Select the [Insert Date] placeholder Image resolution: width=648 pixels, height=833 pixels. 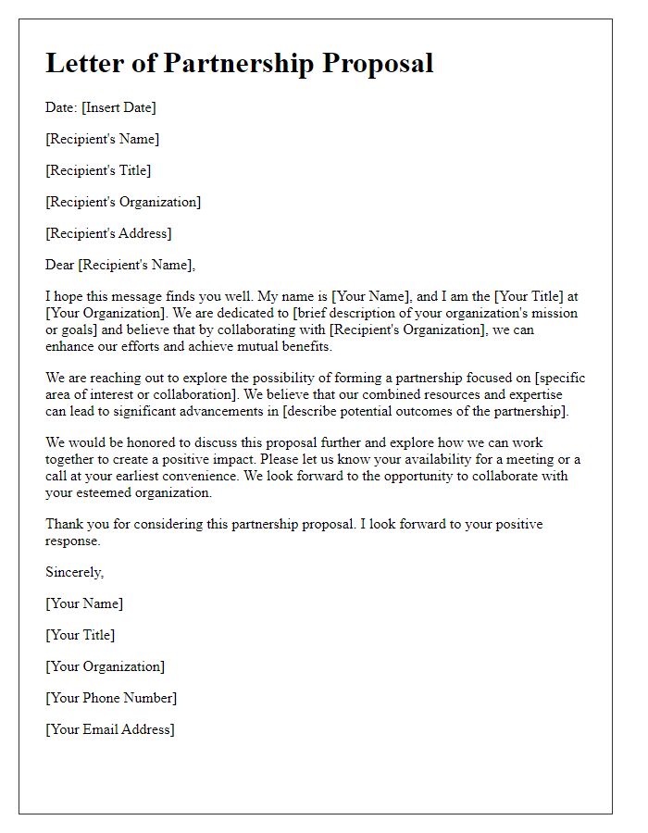pyautogui.click(x=118, y=107)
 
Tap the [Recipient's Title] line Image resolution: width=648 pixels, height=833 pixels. pyautogui.click(x=98, y=170)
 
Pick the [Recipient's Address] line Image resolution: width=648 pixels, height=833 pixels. pyautogui.click(x=108, y=233)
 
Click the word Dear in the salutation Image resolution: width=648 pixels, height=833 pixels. pyautogui.click(x=60, y=265)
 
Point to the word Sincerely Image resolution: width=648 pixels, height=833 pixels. pyautogui.click(x=74, y=572)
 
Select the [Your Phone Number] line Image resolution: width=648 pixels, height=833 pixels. pyautogui.click(x=111, y=698)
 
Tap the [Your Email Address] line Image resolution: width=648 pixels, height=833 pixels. pyautogui.click(x=110, y=729)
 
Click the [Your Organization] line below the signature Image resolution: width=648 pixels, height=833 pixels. pyautogui.click(x=105, y=666)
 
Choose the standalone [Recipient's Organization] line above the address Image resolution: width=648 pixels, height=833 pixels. pyautogui.click(x=123, y=202)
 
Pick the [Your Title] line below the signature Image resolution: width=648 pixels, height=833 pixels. pyautogui.click(x=81, y=635)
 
